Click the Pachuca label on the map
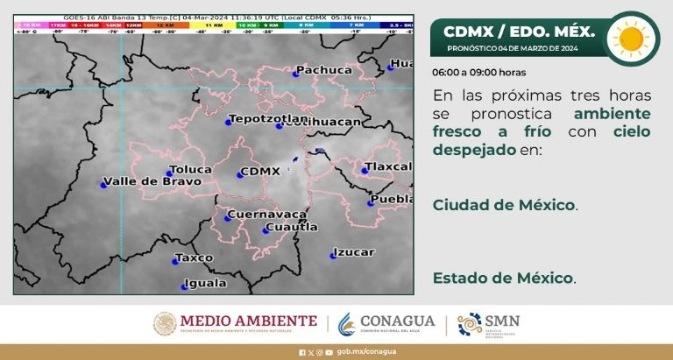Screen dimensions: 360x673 (324, 70)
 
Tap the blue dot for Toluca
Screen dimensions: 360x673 (169, 173)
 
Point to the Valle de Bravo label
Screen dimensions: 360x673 (152, 182)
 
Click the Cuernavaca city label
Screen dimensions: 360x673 (266, 215)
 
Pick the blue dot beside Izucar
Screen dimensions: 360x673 (333, 256)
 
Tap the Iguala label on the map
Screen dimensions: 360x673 (205, 283)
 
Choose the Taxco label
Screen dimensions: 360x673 (194, 258)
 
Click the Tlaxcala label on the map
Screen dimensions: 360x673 (388, 166)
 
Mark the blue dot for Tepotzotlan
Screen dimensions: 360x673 (228, 124)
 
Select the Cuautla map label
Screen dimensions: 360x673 (291, 227)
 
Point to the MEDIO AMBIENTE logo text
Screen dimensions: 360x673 (247, 321)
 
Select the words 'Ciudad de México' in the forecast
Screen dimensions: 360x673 (504, 205)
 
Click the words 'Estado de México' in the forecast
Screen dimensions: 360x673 (503, 279)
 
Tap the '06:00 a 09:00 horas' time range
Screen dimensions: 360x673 (478, 73)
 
